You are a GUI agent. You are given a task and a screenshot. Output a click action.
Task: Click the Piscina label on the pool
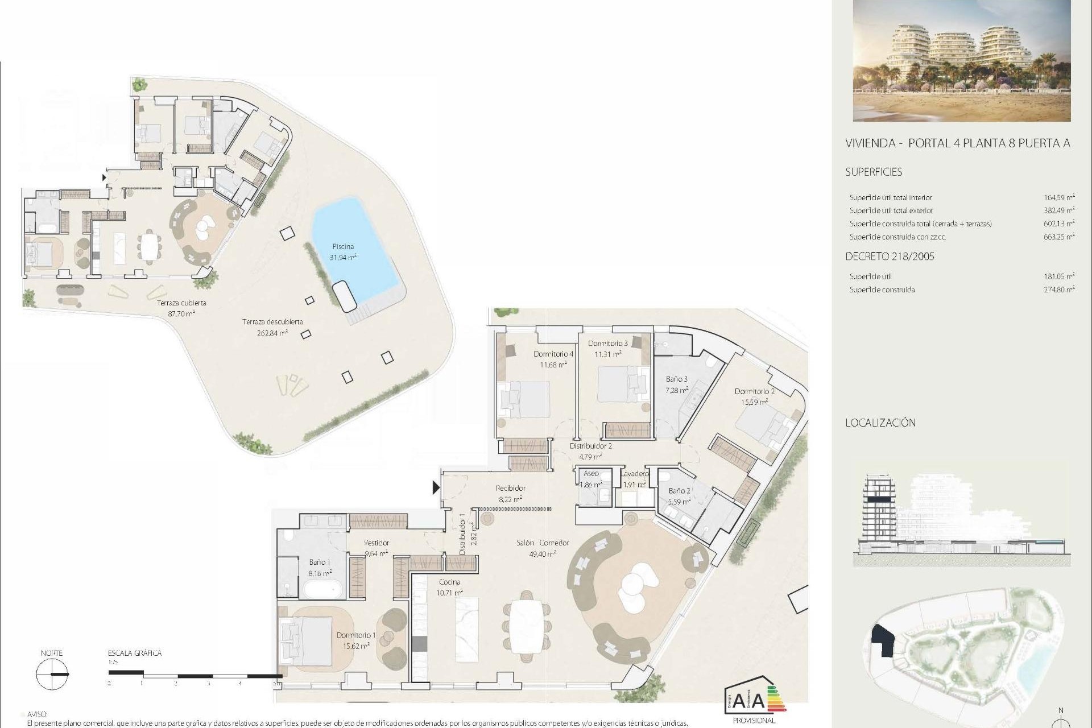pos(343,247)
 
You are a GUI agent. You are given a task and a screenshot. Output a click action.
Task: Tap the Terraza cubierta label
pos(181,303)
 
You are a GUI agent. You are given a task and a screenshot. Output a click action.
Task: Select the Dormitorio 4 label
pos(553,354)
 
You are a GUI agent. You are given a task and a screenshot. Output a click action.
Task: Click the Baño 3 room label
pos(677,379)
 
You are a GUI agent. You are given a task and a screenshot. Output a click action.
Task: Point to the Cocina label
pos(449,582)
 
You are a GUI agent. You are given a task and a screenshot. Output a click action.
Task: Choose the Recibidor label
pos(510,488)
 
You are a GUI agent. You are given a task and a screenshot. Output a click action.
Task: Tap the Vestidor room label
pos(376,543)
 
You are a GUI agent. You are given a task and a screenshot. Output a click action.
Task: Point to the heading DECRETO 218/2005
pos(890,257)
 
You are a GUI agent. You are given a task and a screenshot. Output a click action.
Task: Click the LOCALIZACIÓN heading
pos(880,423)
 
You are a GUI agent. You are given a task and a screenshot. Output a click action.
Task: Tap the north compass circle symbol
pos(51,675)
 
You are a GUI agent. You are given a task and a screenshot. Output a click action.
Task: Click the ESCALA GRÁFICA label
pos(135,653)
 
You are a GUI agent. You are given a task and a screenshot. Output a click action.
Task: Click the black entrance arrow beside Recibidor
pos(436,487)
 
